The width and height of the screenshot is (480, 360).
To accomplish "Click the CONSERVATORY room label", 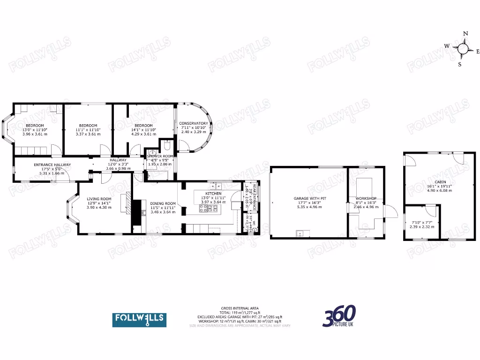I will (x=194, y=123).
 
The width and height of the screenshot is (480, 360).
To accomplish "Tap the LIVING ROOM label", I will (x=99, y=199).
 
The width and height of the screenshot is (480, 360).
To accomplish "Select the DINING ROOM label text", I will (x=163, y=203).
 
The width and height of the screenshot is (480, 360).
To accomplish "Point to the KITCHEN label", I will (x=213, y=194).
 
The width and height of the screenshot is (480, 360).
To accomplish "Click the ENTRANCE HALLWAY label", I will (x=52, y=165).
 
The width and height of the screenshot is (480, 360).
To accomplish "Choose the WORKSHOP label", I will (x=366, y=199).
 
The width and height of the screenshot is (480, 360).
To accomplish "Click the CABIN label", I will (x=440, y=182).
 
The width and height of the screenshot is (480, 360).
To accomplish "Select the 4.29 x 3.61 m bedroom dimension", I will (x=143, y=134).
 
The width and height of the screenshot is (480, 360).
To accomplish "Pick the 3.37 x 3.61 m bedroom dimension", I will (x=88, y=134).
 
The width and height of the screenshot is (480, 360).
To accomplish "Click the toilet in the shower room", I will (x=166, y=145).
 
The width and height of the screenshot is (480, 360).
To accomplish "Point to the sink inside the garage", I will (x=300, y=233).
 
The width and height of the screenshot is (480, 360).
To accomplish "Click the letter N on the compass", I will (x=465, y=34).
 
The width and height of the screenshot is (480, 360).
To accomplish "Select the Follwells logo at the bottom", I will (x=138, y=319).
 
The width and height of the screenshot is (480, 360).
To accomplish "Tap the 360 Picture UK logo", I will (x=339, y=316).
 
